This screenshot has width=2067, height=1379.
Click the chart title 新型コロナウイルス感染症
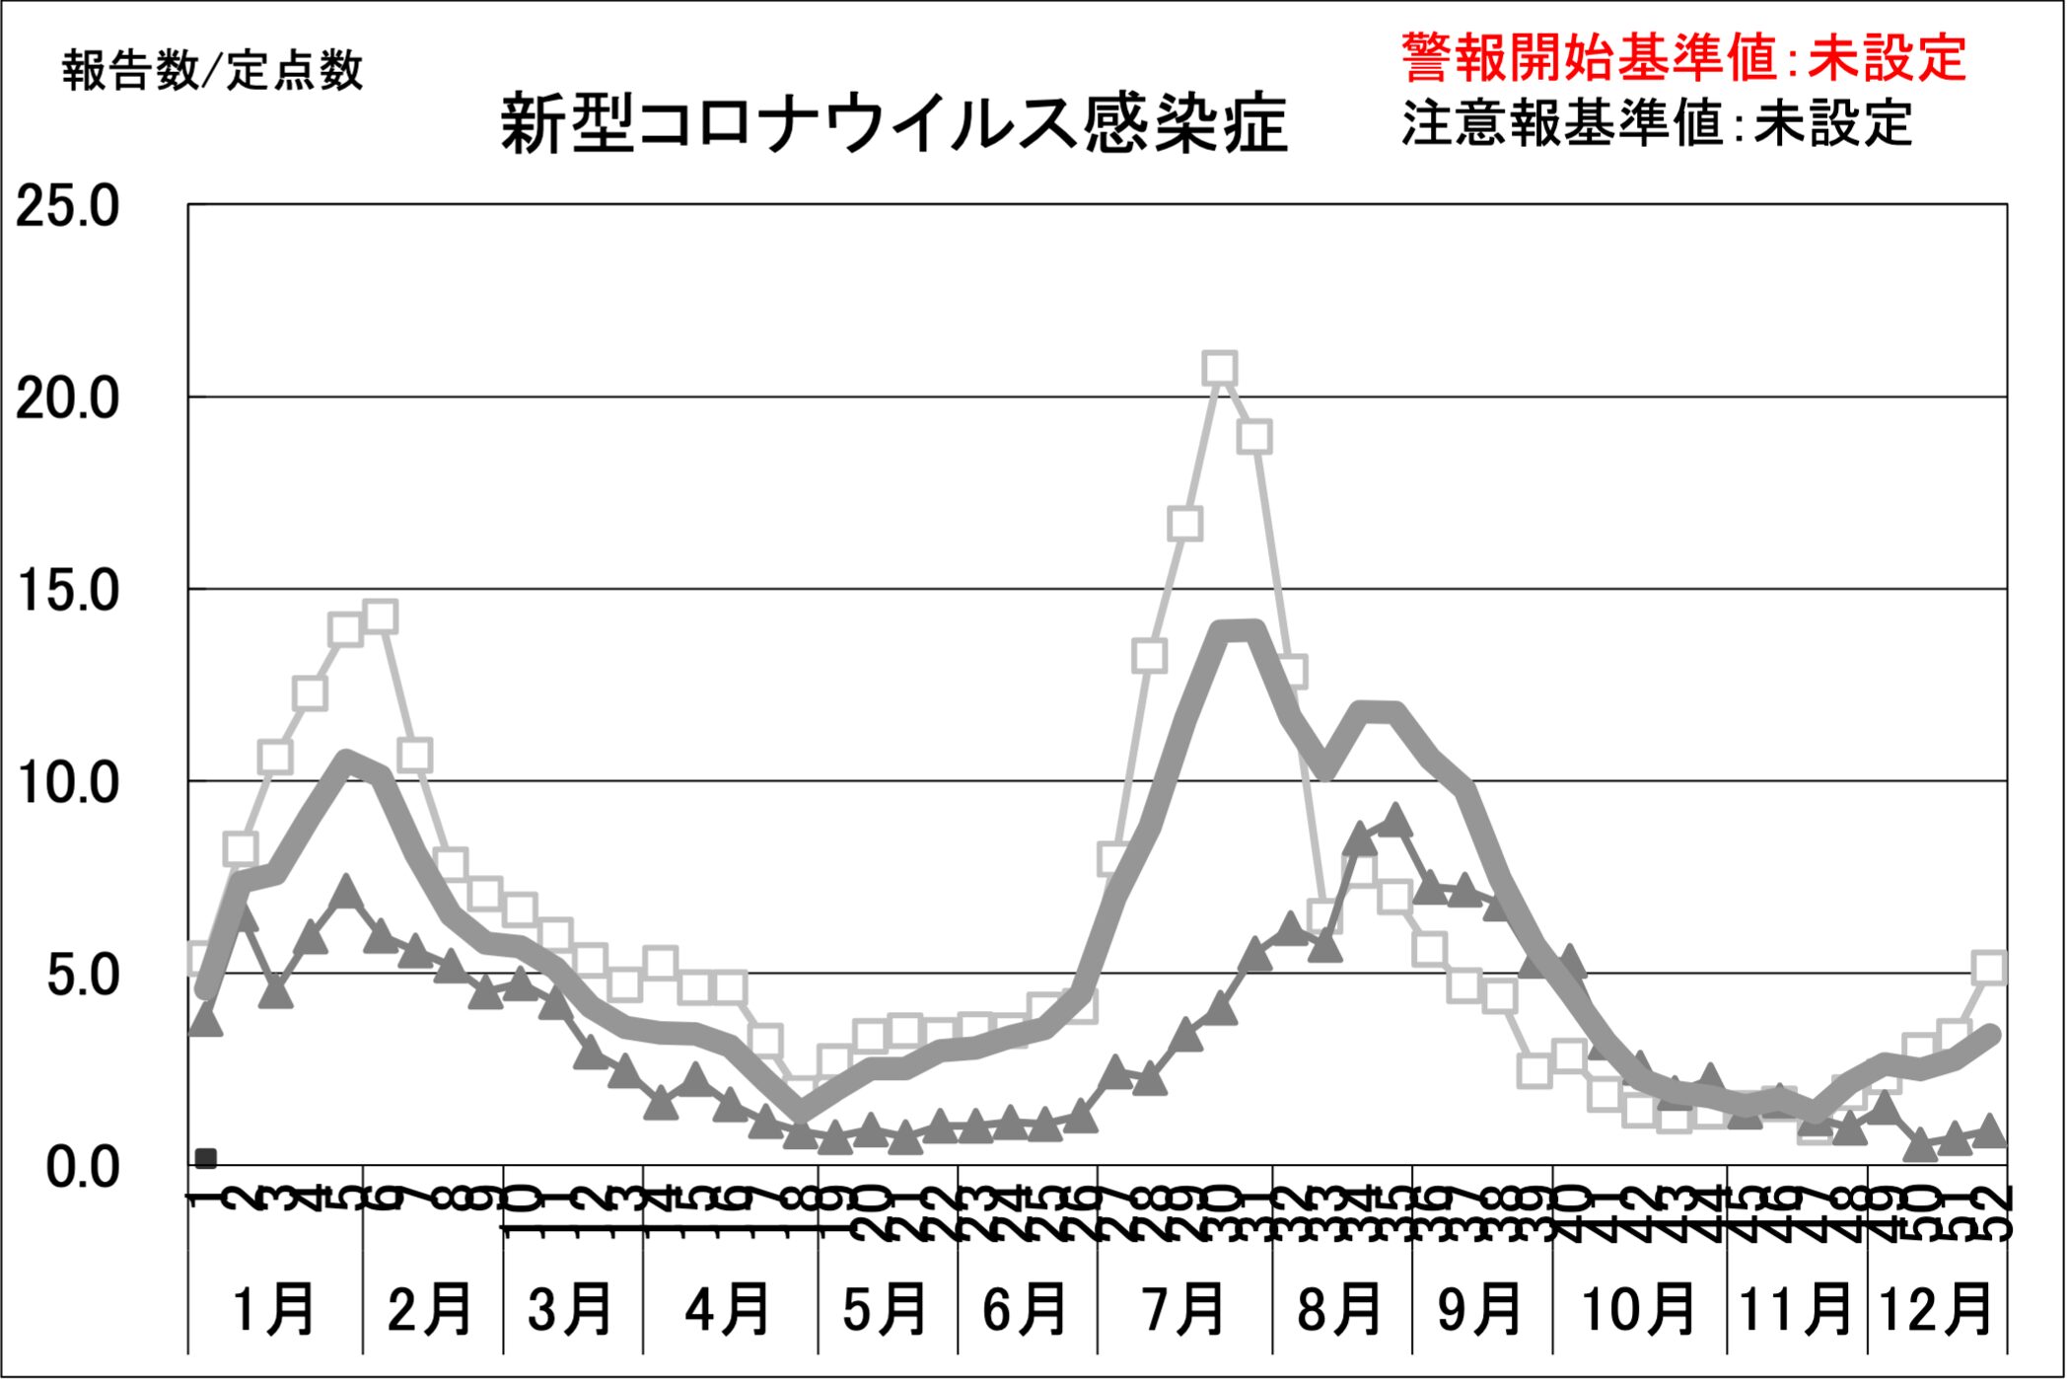click(893, 125)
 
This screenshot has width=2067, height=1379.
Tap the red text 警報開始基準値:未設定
click(1683, 57)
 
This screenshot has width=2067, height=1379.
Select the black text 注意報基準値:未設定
click(1657, 123)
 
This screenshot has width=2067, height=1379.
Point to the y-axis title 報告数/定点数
click(212, 71)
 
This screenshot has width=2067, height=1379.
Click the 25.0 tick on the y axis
click(67, 207)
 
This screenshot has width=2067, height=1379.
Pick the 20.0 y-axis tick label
click(67, 399)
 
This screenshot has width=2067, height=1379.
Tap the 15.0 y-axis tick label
click(67, 591)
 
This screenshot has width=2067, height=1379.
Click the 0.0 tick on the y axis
click(83, 1167)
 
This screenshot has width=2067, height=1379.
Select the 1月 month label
click(274, 1309)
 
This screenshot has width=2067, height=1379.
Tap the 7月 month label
click(1183, 1309)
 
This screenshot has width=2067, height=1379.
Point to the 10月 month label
click(1638, 1309)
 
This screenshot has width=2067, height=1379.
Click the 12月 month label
click(1937, 1309)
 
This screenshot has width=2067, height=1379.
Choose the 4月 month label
click(729, 1309)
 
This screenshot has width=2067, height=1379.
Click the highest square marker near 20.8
click(1220, 369)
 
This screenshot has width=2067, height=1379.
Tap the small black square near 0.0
click(206, 1158)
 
